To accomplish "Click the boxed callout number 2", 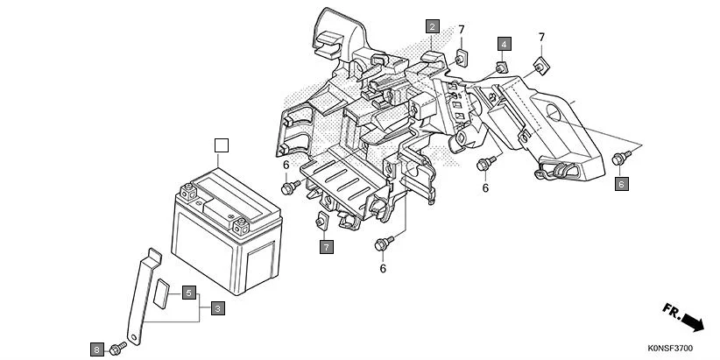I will (432, 27).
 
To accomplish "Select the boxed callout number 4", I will (505, 43).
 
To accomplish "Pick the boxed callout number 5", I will (188, 293).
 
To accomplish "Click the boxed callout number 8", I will (96, 349).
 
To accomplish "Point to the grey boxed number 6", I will (621, 184).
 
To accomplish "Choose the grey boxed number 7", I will (326, 248).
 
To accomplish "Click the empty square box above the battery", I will (222, 145).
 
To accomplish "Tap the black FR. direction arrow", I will (683, 317).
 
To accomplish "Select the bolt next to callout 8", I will (116, 349).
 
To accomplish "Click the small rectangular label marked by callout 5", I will (163, 290).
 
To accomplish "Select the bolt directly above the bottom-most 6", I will (383, 242).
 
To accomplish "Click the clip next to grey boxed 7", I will (321, 219).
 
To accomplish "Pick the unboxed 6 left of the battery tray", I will (286, 165).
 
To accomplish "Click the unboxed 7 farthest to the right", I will (541, 37).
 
